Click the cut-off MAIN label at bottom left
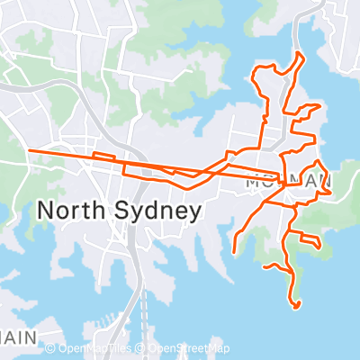18,337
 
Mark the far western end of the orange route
30,150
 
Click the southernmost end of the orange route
296,307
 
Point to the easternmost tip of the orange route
334,191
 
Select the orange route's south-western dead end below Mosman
235,251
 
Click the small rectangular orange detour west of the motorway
103,156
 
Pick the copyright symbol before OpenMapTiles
50,348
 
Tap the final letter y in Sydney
193,214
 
